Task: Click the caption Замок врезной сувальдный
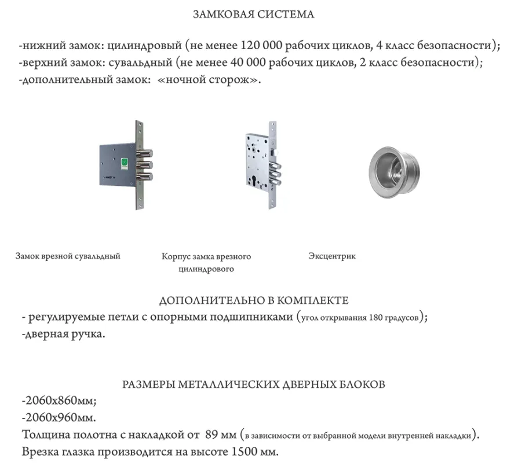click(x=68, y=256)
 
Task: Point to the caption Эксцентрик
click(x=332, y=256)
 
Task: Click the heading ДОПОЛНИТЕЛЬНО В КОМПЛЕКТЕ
click(x=254, y=301)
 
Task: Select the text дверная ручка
click(x=64, y=335)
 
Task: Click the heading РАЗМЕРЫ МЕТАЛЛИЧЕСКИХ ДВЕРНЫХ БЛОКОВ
click(x=253, y=384)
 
